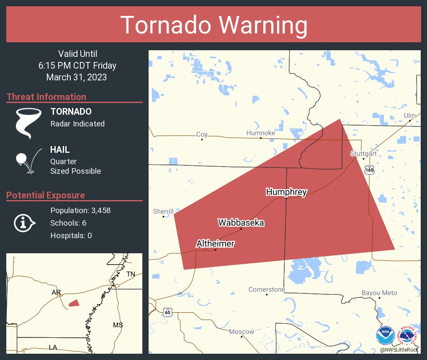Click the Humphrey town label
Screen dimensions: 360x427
[286, 192]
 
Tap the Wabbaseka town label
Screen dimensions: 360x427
[241, 223]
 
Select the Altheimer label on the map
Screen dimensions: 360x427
[215, 243]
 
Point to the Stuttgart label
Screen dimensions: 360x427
[363, 154]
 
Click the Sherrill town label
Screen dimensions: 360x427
[163, 212]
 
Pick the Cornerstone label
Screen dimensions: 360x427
[267, 289]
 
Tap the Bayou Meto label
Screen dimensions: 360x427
[379, 293]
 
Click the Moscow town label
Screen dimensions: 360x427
[242, 332]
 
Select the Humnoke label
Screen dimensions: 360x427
[260, 133]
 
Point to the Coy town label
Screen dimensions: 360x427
[202, 134]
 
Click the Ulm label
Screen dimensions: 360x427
[410, 116]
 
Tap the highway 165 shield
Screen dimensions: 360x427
[369, 170]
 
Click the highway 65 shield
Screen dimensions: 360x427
[167, 312]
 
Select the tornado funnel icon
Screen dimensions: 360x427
[28, 123]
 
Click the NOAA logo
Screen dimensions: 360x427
[385, 336]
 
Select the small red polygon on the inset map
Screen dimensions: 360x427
[74, 303]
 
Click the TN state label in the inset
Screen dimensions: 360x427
[131, 274]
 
